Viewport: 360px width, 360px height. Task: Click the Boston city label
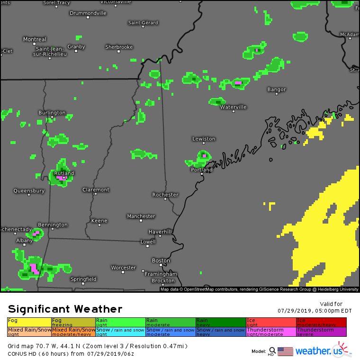[x=161, y=261]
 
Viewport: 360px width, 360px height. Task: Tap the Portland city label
[x=201, y=170]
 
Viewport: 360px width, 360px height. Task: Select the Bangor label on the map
[x=277, y=89]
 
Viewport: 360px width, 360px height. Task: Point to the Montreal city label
[x=35, y=39]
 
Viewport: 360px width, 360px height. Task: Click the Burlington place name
[x=52, y=113]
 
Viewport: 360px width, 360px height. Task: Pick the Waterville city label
[x=233, y=107]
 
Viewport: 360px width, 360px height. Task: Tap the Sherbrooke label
[x=119, y=47]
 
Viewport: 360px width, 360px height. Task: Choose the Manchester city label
[x=141, y=216]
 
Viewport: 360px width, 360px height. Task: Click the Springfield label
[x=83, y=279]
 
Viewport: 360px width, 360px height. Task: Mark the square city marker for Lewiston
[x=204, y=144]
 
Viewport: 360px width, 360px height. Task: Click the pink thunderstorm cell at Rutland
[x=60, y=178]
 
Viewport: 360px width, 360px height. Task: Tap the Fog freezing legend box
[x=73, y=322]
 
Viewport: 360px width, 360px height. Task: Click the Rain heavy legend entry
[x=220, y=322]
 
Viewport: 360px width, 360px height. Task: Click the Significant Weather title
[x=65, y=309]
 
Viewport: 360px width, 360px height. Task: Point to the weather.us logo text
[x=316, y=351]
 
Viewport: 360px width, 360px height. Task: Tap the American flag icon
[x=285, y=351]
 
